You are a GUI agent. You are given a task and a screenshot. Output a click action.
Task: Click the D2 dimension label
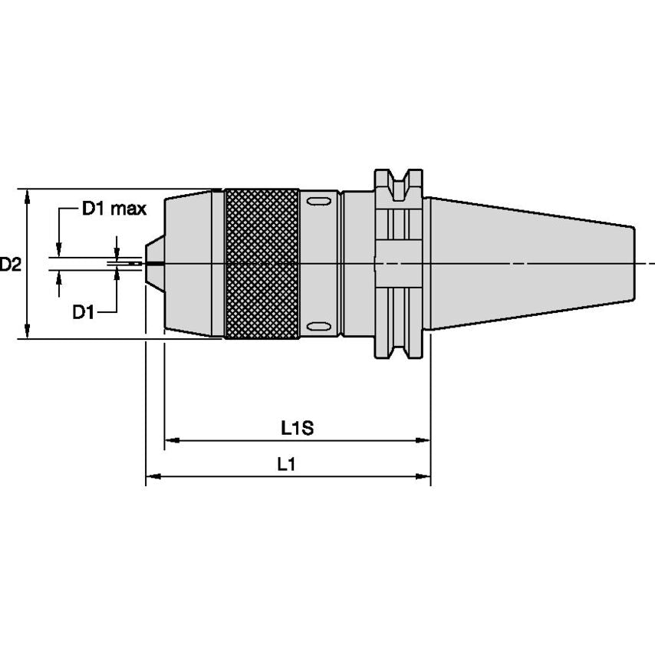[x=11, y=265]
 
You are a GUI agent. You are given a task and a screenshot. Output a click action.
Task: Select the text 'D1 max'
[x=114, y=209]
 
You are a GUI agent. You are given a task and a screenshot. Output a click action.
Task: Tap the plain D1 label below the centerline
[x=84, y=311]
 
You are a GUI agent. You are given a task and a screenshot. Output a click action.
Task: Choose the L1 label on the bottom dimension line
[x=287, y=464]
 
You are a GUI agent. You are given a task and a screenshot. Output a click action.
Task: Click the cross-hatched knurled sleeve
[x=262, y=263]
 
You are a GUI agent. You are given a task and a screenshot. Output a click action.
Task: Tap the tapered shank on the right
[x=529, y=263]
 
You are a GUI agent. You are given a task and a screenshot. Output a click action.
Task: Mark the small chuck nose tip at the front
[x=153, y=263]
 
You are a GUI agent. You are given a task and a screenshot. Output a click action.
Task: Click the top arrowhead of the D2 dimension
[x=28, y=196]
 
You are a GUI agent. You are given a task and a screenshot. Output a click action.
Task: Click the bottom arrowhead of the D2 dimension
[x=28, y=331]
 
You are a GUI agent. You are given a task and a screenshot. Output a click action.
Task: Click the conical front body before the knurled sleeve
[x=193, y=263]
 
